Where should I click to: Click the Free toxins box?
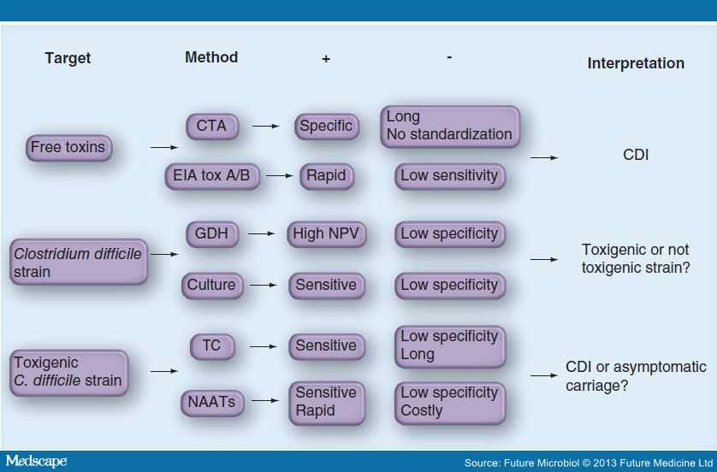68,148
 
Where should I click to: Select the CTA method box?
211,127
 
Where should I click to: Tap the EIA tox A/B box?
211,176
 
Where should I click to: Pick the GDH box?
211,233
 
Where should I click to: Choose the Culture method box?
211,286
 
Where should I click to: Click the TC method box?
211,346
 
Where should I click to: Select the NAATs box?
211,401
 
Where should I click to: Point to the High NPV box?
325,233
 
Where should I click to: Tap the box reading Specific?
325,127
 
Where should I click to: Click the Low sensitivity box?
449,176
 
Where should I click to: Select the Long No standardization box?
449,126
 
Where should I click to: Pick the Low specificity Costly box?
449,401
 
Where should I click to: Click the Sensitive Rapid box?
325,401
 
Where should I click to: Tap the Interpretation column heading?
636,63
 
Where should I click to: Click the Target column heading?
68,59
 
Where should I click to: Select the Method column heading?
211,58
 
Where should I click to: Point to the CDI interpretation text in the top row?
636,156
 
